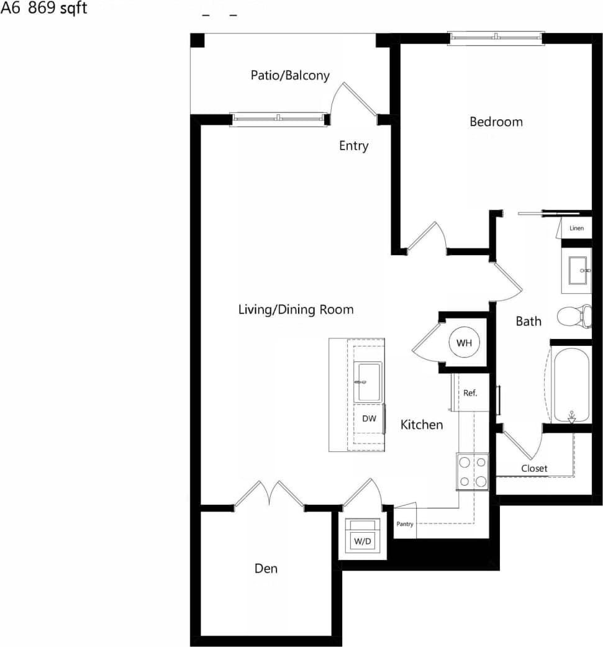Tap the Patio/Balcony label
pos(290,75)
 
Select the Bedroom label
pos(496,122)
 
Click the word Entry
pos(353,146)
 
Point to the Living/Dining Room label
pos(296,309)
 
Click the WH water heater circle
pos(464,343)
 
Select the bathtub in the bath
pos(570,385)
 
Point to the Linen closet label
pos(576,228)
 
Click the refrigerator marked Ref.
pos(470,392)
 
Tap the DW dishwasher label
pos(369,419)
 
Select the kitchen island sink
pos(367,382)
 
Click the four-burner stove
pos(473,471)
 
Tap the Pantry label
pos(404,524)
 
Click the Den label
pos(266,568)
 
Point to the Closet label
pos(534,468)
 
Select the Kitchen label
pos(422,425)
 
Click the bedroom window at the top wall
pos(496,38)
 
